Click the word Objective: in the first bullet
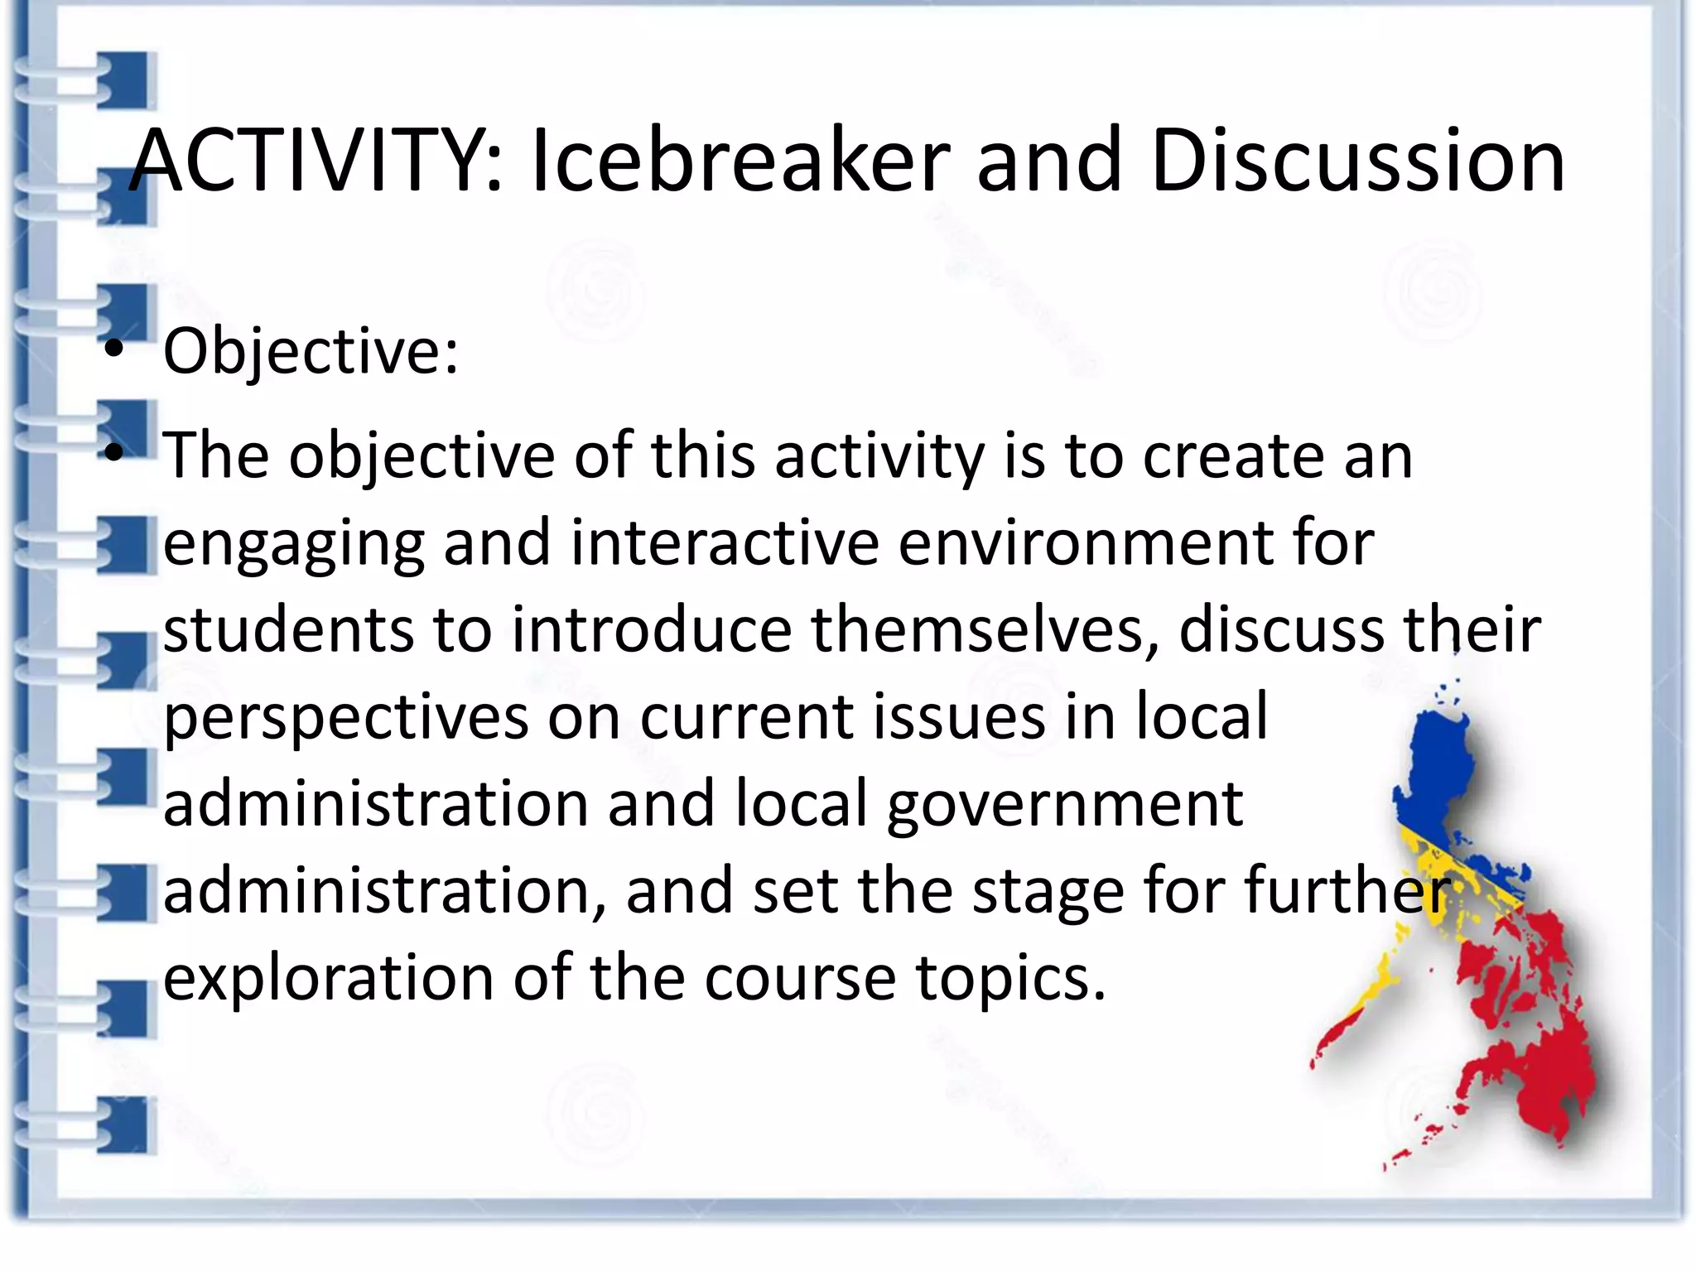tap(311, 353)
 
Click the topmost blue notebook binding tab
tap(126, 80)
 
